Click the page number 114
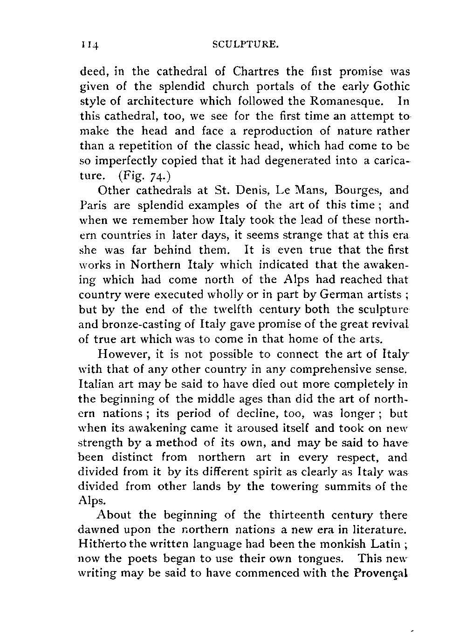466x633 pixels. pos(89,46)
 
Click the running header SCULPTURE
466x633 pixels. pos(246,45)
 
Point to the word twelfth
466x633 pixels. pos(231,309)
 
